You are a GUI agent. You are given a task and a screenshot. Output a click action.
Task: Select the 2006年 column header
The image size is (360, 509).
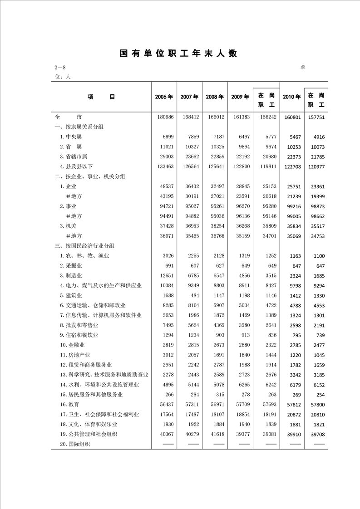click(x=164, y=97)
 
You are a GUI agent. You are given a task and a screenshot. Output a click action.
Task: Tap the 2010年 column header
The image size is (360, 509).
click(x=291, y=97)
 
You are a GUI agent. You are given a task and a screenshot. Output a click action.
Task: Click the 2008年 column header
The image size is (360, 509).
click(x=215, y=97)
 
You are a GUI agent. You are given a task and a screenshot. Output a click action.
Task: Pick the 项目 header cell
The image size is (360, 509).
click(x=102, y=97)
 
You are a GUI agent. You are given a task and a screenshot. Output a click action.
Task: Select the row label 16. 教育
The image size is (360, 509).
click(x=69, y=404)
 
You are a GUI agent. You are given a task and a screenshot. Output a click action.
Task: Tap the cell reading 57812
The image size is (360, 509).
click(x=292, y=404)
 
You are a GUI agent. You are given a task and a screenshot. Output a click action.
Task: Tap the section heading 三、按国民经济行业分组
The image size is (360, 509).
click(x=84, y=245)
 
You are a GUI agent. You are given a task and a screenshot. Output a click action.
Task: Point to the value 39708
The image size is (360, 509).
click(x=316, y=434)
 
